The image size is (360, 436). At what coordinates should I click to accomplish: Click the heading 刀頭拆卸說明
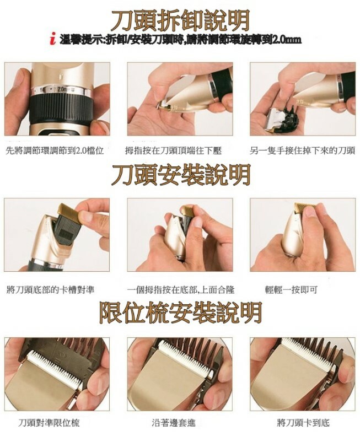pos(180,20)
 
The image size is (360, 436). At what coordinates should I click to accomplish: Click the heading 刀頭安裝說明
pos(181,175)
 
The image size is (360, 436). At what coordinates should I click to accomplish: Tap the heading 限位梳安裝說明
pos(180,313)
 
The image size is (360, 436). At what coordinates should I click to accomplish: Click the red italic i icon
pos(53,39)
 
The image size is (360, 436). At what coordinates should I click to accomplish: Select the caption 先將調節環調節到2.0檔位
pos(55,151)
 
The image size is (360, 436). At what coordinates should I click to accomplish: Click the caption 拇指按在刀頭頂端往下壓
pos(173,151)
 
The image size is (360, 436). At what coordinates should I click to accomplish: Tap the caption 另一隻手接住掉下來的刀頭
pos(303,151)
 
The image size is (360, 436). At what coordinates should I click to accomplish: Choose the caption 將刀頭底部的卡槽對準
pos(50,290)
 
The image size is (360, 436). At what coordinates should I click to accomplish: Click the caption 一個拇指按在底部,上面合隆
pos(181,290)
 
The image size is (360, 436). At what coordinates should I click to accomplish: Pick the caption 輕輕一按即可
pos(291,290)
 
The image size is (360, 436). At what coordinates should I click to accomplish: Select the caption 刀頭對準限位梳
pos(49,423)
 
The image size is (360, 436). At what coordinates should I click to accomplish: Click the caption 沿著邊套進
pos(174,423)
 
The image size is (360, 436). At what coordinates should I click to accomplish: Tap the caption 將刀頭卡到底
pos(303,423)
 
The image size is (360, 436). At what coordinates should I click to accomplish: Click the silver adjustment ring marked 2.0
pos(61,91)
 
